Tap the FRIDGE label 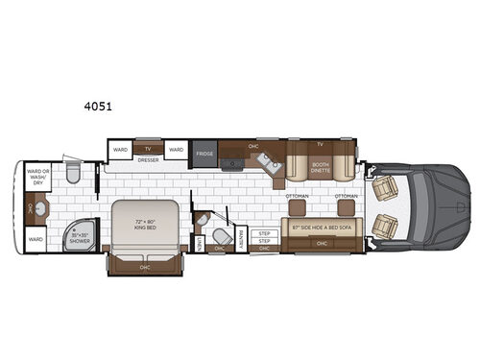coord(204,153)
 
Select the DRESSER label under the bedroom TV coord(148,160)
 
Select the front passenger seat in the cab coord(385,226)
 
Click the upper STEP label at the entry coord(263,232)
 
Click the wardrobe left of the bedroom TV coord(120,150)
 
